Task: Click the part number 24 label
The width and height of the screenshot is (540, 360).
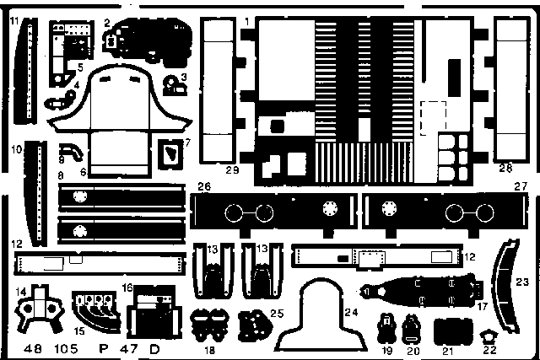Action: tap(352, 313)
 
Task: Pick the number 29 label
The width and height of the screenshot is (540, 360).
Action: tap(234, 170)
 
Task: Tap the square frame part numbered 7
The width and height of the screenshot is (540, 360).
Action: tap(171, 153)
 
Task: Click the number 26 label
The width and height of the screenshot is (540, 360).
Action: tap(203, 186)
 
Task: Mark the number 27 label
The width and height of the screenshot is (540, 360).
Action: tap(521, 186)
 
